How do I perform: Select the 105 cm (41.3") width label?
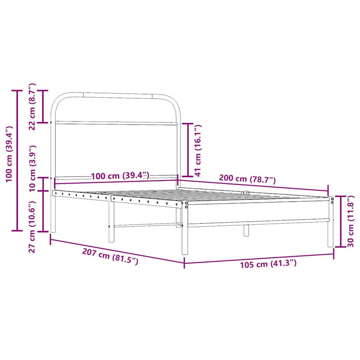coord(268,264)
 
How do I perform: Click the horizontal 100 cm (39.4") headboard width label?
coord(120,176)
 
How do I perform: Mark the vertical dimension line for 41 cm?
coord(189,150)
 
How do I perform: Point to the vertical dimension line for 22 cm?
coord(44,106)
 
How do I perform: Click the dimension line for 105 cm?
coord(259,257)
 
